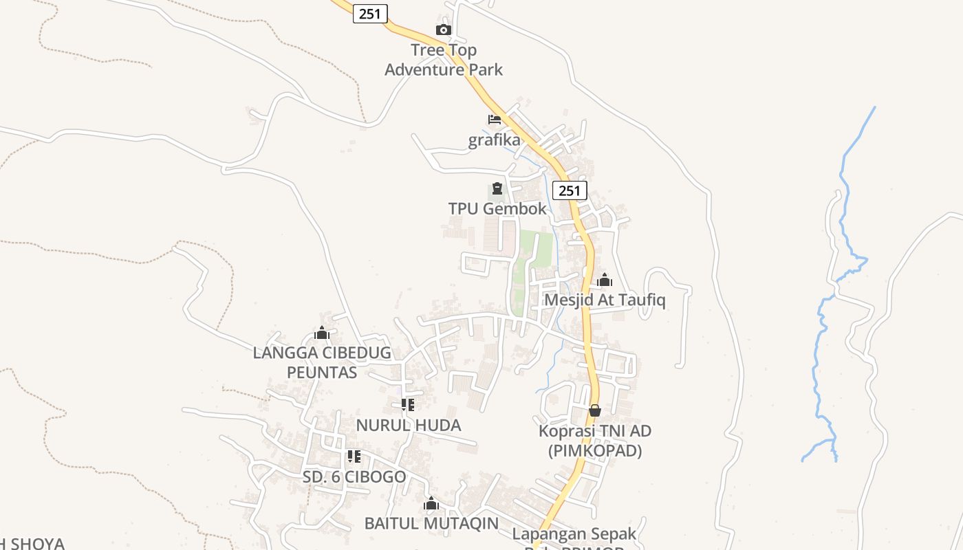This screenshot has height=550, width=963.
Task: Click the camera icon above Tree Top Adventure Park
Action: click(444, 30)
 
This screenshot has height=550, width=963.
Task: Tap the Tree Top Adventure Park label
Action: click(444, 60)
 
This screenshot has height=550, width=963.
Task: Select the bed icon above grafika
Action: click(495, 120)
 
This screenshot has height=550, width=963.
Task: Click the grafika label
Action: click(495, 140)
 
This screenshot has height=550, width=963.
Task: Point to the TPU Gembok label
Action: click(497, 209)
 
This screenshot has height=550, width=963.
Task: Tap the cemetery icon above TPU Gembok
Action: click(497, 189)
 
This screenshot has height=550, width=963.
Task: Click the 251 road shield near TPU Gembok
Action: click(570, 190)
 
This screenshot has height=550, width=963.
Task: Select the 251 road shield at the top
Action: click(370, 13)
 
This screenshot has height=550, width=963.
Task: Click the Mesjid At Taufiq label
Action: click(605, 300)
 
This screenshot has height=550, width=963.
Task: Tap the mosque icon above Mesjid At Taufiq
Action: click(605, 280)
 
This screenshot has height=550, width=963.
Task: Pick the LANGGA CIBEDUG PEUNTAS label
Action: click(322, 362)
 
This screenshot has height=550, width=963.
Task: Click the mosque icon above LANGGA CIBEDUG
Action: click(322, 333)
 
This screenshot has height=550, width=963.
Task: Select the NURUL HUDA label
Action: click(409, 426)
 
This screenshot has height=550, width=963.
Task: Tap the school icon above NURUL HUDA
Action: click(408, 405)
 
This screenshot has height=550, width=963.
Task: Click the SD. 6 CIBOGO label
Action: click(354, 476)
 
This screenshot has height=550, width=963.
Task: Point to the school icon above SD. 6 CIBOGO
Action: click(354, 456)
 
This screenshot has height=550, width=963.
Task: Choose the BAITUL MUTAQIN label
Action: click(431, 523)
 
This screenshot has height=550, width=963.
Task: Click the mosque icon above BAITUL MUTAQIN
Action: click(431, 503)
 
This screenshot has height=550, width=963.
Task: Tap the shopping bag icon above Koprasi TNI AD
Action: click(595, 410)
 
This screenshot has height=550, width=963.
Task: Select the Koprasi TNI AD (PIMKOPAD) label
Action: click(595, 441)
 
